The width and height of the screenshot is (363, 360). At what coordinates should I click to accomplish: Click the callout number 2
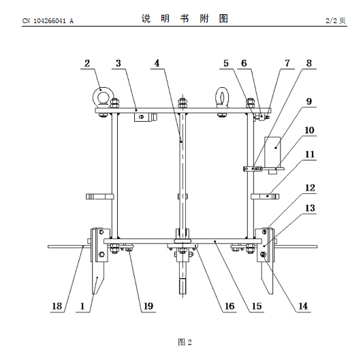(x=87, y=63)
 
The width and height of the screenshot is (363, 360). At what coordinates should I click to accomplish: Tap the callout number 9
(x=309, y=101)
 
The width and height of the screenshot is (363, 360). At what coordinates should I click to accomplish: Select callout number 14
(x=303, y=306)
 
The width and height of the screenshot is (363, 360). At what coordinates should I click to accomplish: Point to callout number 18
(x=57, y=306)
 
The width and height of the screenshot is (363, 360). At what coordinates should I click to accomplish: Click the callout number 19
(x=148, y=306)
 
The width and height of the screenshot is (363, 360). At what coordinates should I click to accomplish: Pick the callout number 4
(x=157, y=63)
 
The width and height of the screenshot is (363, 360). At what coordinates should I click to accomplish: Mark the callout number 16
(x=230, y=306)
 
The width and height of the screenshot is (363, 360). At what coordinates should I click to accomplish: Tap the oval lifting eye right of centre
(x=222, y=97)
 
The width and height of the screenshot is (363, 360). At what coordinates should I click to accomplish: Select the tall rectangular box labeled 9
(x=272, y=152)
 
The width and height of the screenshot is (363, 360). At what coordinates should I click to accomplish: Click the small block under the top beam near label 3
(x=145, y=117)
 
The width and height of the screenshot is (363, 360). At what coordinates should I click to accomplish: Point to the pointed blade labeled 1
(x=98, y=278)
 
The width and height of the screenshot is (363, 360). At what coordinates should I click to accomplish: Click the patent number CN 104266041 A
(x=48, y=21)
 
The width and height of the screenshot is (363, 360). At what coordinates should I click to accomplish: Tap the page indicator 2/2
(x=331, y=21)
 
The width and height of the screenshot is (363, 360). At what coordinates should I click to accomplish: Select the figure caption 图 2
(x=185, y=342)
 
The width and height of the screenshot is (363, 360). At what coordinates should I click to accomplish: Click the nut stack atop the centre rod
(x=183, y=103)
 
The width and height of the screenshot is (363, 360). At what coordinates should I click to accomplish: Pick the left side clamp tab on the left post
(x=99, y=197)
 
